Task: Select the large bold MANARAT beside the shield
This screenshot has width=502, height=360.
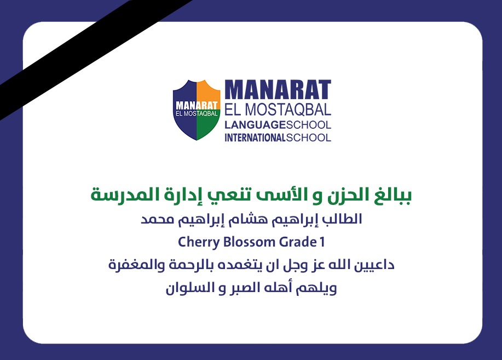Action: [x=278, y=89]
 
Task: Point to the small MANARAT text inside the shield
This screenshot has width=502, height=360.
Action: [x=197, y=106]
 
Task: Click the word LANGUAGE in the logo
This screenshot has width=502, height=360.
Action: [x=255, y=125]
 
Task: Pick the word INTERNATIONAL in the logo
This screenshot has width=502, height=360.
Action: [x=255, y=138]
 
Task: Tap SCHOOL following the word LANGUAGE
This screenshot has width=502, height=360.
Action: [x=309, y=125]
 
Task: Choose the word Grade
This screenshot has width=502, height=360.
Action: [x=298, y=242]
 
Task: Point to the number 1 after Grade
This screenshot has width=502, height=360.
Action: [x=322, y=242]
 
